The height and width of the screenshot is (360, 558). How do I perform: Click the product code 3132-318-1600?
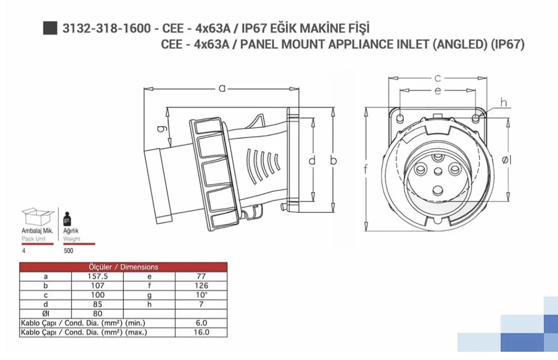click(106, 28)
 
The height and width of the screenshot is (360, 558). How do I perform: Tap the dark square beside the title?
click(50, 28)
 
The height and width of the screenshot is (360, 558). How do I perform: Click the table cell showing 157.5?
click(97, 276)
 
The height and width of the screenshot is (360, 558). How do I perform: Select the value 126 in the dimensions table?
click(201, 286)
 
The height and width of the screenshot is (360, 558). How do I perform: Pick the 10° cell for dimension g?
click(201, 295)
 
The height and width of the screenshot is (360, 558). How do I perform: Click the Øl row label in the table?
click(46, 314)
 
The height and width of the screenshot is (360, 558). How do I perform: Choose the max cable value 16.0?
click(201, 332)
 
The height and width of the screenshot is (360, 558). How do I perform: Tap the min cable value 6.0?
click(201, 323)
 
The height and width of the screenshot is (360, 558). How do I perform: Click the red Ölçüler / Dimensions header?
click(123, 267)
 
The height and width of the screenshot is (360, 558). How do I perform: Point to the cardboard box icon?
click(38, 216)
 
